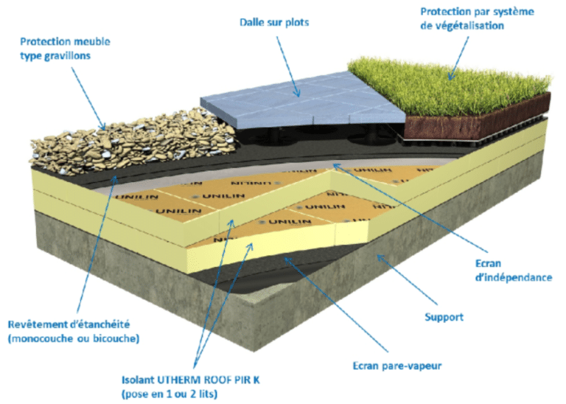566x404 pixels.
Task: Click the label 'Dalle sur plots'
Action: [273, 22]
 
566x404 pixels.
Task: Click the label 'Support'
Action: [444, 318]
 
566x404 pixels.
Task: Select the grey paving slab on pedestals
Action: [302, 103]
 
